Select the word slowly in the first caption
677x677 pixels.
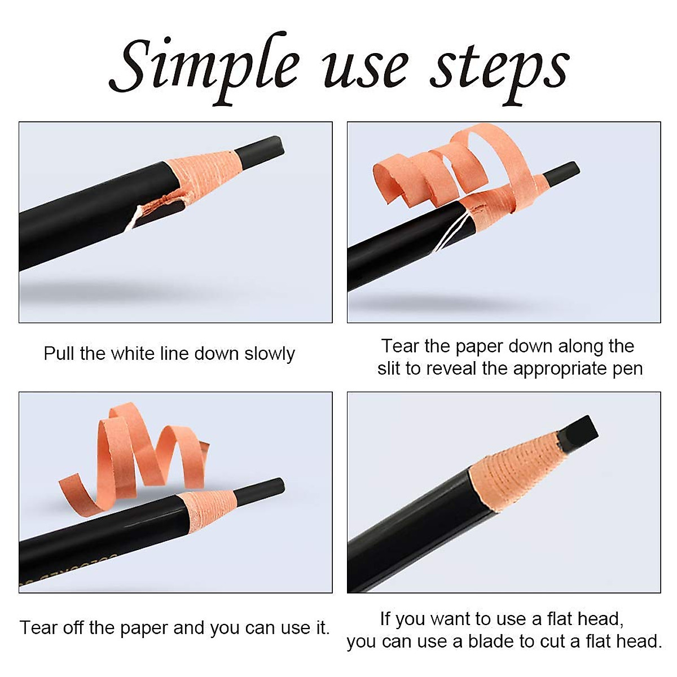click(269, 354)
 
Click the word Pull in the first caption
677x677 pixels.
click(59, 354)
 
